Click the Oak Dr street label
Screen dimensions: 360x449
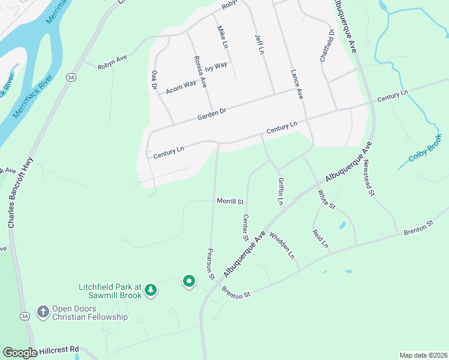154,81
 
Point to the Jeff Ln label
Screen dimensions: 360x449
259,44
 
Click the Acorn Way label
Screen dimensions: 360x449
181,85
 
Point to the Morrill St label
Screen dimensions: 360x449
231,202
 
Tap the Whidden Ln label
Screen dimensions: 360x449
282,245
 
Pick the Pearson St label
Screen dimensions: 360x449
211,265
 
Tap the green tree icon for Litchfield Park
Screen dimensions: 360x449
151,290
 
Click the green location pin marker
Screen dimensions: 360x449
189,281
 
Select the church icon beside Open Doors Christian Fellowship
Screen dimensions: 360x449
43,312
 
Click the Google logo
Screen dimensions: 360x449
20,353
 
